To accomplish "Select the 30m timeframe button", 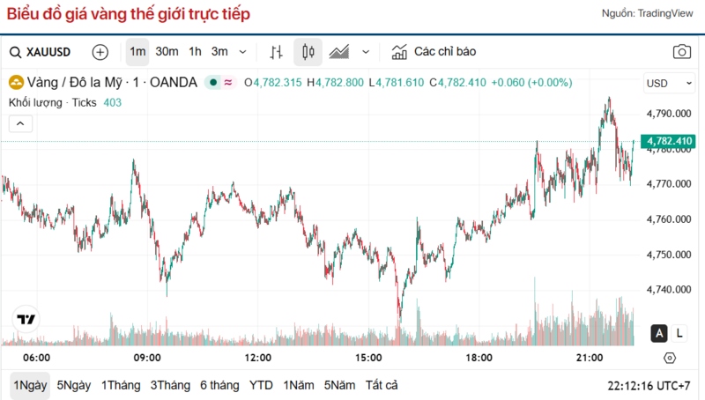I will tap(167, 52).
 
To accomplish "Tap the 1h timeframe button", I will tap(195, 52).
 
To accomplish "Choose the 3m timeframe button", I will tap(219, 52).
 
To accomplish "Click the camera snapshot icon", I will tap(682, 52).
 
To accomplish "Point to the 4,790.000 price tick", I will tap(670, 114).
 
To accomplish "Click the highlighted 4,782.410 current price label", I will tap(670, 141).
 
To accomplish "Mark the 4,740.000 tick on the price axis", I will tap(670, 290).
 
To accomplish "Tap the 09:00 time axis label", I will tap(147, 358).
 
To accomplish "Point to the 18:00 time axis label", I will tap(479, 358).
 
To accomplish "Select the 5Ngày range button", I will tap(74, 385).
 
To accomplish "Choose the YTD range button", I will tap(261, 385).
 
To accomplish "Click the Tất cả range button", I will tap(382, 385).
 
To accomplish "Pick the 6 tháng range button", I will tap(219, 385).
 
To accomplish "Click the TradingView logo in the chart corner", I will tap(26, 319).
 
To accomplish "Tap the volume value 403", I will tap(113, 103).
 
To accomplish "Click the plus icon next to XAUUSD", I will tap(100, 52).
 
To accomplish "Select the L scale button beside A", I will tap(679, 333).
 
